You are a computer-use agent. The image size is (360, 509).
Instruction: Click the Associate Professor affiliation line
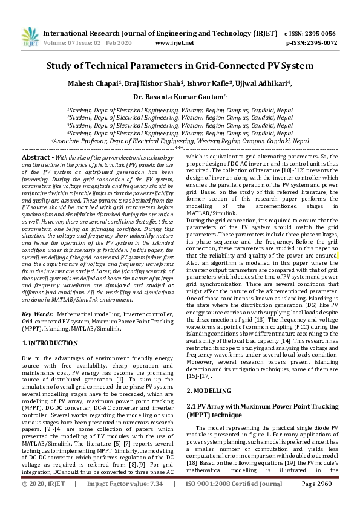pos(180,140)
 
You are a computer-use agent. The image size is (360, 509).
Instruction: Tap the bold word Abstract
pos(35,157)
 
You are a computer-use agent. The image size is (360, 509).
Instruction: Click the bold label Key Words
pos(37,315)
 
